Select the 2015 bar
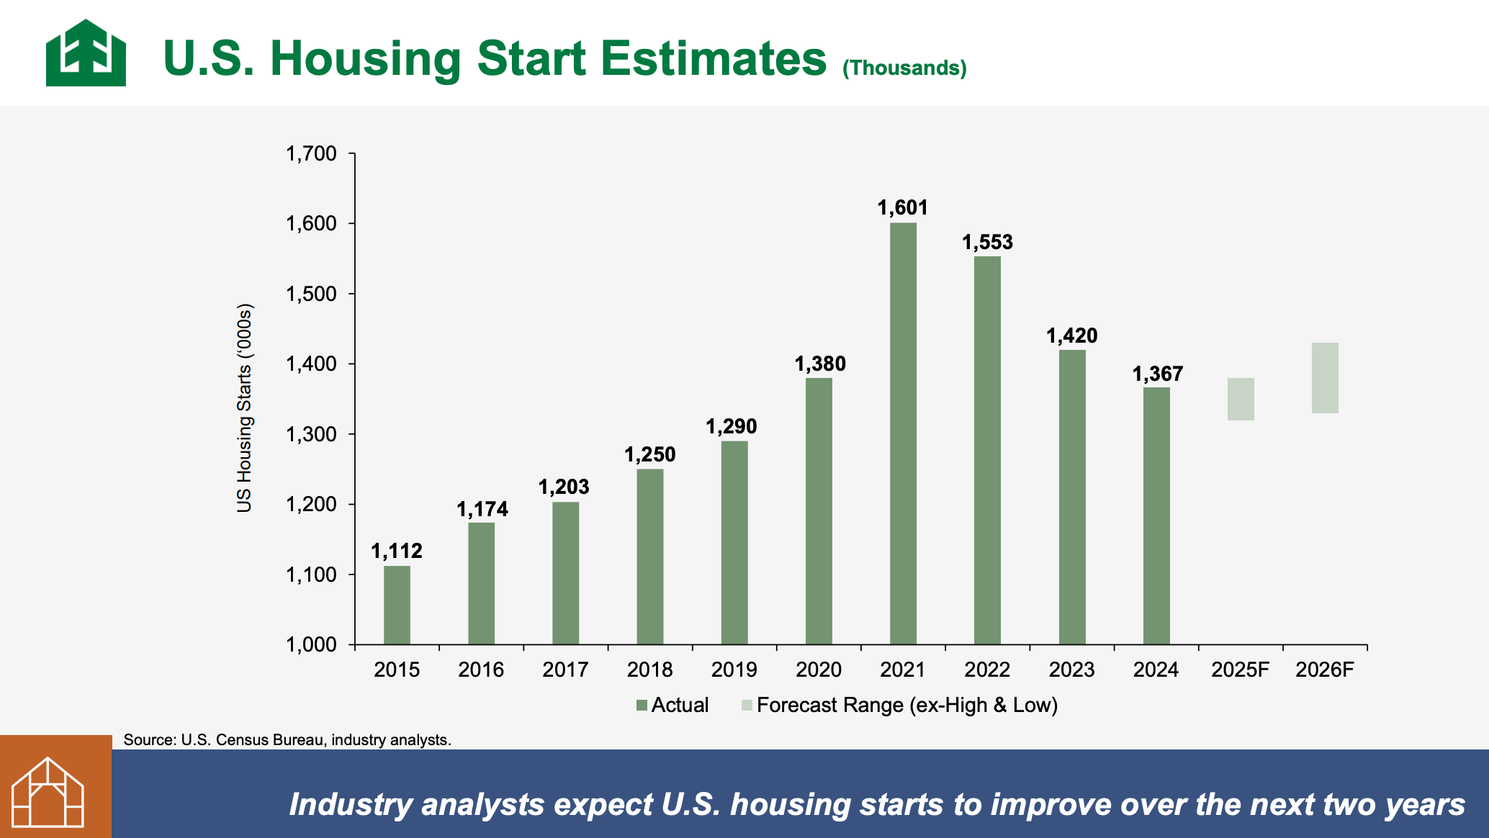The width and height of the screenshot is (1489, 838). [x=397, y=605]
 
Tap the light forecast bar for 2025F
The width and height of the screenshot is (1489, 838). [x=1241, y=399]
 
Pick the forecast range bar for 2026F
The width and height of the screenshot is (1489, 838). [x=1325, y=378]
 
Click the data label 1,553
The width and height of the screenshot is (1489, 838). [x=987, y=242]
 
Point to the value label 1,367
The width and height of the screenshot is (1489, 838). [x=1157, y=374]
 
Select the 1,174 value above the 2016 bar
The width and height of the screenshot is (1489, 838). [x=482, y=509]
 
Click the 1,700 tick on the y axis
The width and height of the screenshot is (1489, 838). [x=311, y=153]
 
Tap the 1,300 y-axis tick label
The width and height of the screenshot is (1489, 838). [x=311, y=434]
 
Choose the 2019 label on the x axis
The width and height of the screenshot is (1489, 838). [x=734, y=670]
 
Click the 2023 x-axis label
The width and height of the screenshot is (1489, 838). [x=1071, y=670]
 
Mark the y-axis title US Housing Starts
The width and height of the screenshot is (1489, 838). [x=245, y=407]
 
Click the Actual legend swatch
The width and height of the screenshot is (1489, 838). [x=642, y=706]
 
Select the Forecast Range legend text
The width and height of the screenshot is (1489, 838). [x=907, y=705]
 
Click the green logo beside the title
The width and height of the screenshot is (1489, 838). [x=86, y=53]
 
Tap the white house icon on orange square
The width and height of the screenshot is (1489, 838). [x=48, y=792]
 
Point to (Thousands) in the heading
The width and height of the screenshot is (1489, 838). [x=904, y=68]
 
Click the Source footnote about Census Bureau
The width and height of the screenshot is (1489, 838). [x=287, y=739]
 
